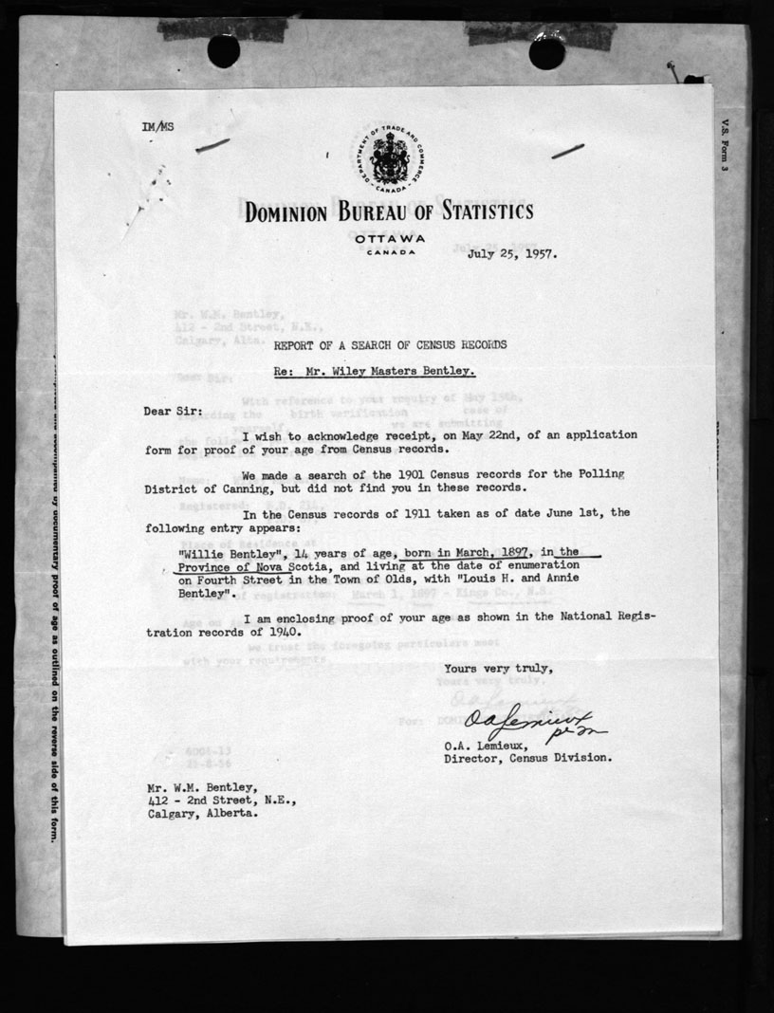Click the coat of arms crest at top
[x=386, y=157]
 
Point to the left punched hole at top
[x=224, y=50]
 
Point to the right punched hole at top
[x=546, y=52]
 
